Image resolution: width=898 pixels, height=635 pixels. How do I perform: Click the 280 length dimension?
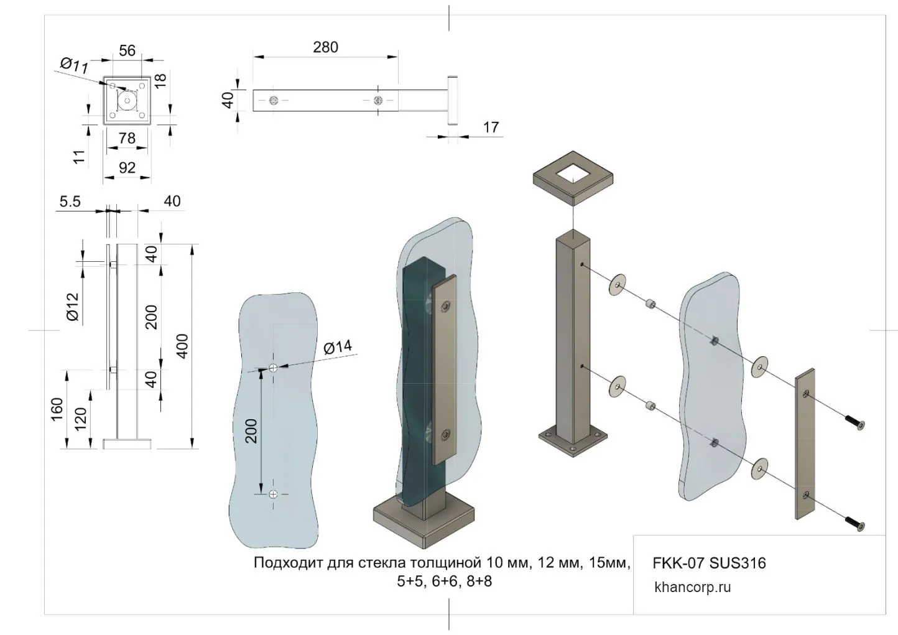click(x=325, y=47)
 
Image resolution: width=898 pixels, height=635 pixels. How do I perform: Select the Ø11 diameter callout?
click(x=75, y=65)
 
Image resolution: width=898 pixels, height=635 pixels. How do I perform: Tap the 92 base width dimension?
click(x=127, y=167)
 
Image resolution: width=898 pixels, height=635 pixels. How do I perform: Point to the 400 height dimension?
click(x=182, y=345)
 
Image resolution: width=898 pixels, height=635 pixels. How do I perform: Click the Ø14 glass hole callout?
click(x=338, y=347)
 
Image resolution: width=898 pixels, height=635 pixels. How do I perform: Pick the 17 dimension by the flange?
click(x=491, y=127)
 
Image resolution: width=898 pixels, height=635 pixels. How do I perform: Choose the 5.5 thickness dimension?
click(x=70, y=202)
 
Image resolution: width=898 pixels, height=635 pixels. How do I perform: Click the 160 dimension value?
click(x=57, y=409)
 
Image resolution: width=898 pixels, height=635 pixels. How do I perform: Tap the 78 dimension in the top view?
click(x=127, y=137)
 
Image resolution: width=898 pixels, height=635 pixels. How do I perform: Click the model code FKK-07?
click(x=678, y=563)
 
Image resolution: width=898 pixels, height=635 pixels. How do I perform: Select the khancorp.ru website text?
click(x=693, y=587)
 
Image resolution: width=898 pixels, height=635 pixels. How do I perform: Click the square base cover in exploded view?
click(x=573, y=177)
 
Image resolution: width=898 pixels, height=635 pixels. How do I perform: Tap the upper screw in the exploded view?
click(x=854, y=424)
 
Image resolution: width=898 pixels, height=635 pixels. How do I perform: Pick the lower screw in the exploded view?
click(x=854, y=521)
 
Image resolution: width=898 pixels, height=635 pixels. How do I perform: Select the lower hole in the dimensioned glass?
click(x=273, y=494)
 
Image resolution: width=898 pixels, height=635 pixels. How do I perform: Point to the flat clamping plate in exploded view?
click(x=805, y=445)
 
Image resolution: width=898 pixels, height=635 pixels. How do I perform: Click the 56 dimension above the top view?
click(x=127, y=50)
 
